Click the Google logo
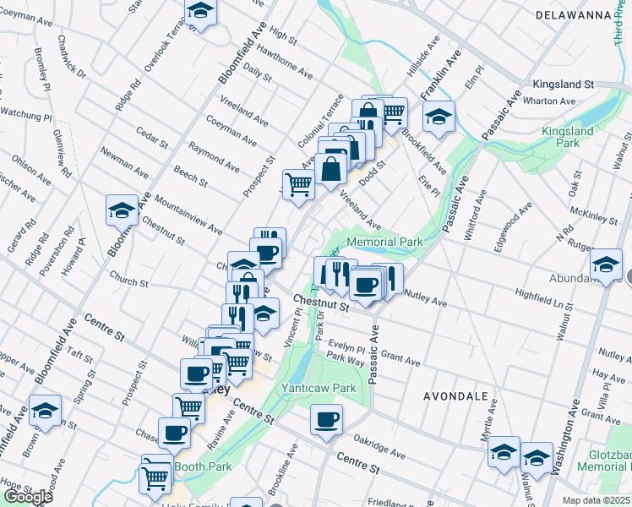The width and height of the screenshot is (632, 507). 28,497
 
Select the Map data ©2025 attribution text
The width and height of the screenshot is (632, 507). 597,500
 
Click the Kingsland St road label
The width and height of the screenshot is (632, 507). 564,85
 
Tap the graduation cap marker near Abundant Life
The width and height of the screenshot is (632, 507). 606,264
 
